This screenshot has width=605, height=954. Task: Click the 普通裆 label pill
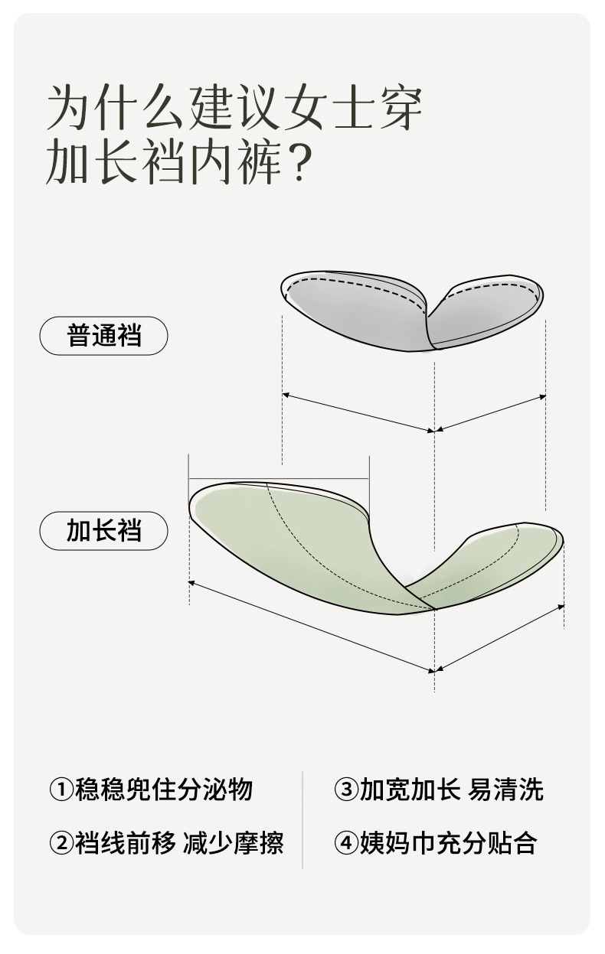[x=103, y=336]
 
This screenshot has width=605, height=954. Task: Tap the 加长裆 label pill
[x=103, y=531]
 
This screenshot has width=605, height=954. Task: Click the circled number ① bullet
[x=60, y=790]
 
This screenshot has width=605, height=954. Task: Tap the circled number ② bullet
[x=60, y=843]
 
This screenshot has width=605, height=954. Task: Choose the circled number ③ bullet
[x=346, y=790]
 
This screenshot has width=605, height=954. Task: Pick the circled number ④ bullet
[x=346, y=843]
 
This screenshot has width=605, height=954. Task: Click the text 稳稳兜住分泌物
[x=163, y=790]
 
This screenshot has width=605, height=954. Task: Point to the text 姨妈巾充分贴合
[x=448, y=843]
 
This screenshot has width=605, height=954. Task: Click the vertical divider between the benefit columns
[x=302, y=819]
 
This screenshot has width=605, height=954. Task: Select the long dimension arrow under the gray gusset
[x=358, y=413]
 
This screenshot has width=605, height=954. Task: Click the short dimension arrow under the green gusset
[x=499, y=638]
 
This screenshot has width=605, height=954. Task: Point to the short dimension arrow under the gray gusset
[x=490, y=413]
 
